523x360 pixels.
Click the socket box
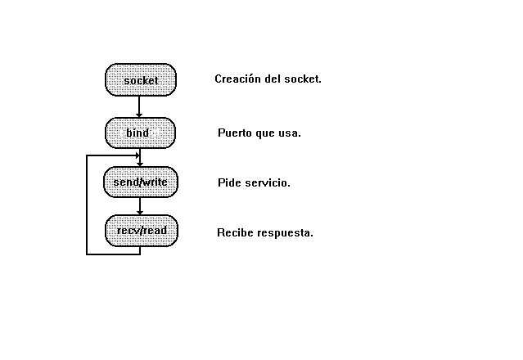[x=140, y=79]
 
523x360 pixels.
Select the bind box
[x=140, y=133]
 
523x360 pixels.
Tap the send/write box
[x=140, y=182]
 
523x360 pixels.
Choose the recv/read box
[x=141, y=230]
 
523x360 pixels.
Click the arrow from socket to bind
[x=140, y=106]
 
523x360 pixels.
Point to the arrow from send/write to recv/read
[x=140, y=206]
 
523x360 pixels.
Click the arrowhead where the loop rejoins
[x=135, y=155]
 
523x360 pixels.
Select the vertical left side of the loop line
[x=87, y=205]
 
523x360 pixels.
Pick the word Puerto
[x=235, y=133]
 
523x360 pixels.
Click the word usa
[x=290, y=133]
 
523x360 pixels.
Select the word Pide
[x=229, y=182]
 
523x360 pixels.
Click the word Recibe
[x=234, y=233]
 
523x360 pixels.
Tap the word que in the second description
[x=265, y=133]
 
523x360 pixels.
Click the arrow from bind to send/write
[x=140, y=158]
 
